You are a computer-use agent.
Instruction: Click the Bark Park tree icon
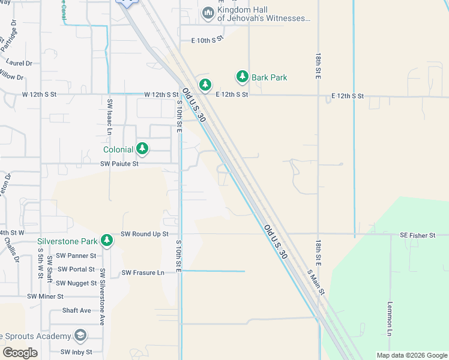tap(242, 76)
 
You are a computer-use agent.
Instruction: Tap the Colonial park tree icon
tap(142, 148)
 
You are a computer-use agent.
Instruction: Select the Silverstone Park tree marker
tap(107, 241)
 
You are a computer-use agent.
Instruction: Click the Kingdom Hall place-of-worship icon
tap(208, 13)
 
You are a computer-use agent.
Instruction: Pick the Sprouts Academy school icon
tap(80, 335)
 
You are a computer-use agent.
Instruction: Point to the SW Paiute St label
tap(119, 163)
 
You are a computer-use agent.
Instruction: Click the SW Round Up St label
tap(145, 234)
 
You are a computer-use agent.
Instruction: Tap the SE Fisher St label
tap(417, 236)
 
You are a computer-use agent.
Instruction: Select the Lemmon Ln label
tap(390, 318)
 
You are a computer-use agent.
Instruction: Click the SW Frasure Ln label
tap(143, 273)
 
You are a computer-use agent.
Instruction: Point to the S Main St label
tap(316, 282)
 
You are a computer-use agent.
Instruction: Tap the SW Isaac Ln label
tap(109, 116)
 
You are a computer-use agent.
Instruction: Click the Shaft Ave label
tap(77, 310)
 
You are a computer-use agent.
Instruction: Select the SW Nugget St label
tap(76, 283)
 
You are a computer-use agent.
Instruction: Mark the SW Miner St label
tap(45, 296)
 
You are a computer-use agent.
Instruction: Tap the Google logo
tap(20, 352)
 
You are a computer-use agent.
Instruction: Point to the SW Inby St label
tap(76, 352)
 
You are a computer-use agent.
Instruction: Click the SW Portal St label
tap(74, 269)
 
